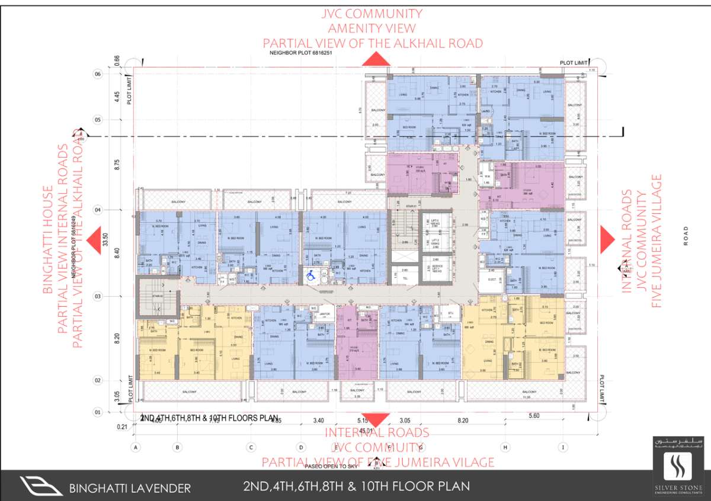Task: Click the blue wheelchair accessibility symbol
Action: (309, 275)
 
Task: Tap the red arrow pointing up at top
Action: (376, 59)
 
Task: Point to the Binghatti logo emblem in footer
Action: (41, 486)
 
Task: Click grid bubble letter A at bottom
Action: (136, 447)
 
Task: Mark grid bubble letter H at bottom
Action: (505, 447)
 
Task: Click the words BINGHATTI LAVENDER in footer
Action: (130, 489)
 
